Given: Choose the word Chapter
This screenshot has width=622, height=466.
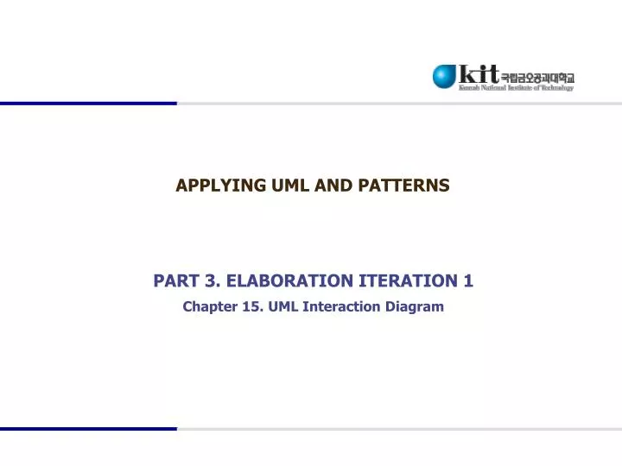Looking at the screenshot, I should click(208, 306).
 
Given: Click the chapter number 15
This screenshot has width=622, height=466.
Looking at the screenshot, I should click(250, 306).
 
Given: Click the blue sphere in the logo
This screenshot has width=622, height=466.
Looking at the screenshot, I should click(445, 76).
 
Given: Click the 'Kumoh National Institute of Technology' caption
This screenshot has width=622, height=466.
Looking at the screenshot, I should click(516, 87).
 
